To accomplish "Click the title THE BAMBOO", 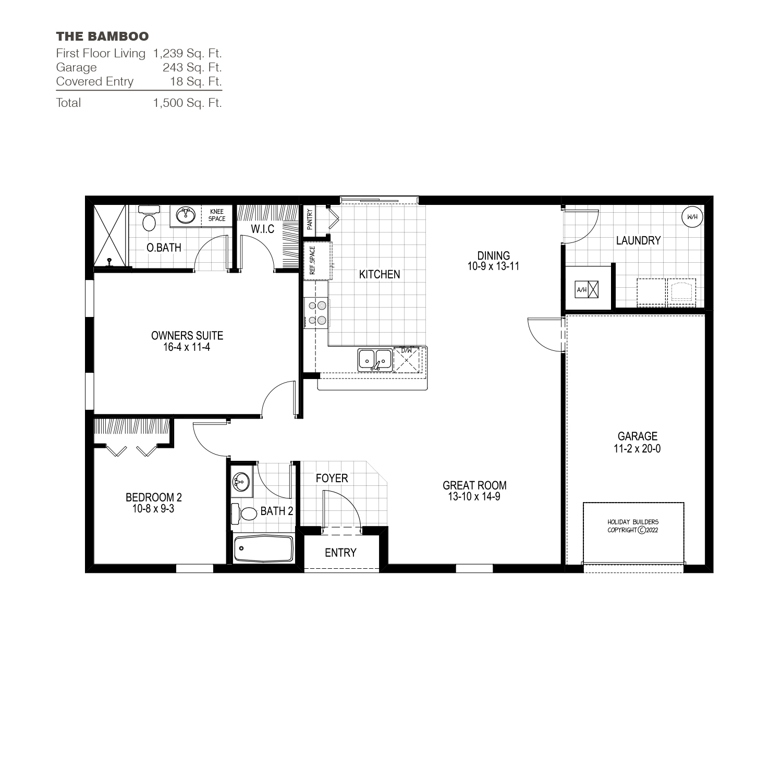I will point(102,36).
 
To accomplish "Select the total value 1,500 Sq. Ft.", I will point(187,103).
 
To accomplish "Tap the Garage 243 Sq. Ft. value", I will point(192,67).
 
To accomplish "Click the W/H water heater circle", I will point(692,217).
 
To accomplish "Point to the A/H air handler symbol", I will point(586,289).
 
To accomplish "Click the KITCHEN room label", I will point(380,274).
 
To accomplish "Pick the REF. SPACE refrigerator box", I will point(317,261).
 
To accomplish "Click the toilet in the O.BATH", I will point(150,219).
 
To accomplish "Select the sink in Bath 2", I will point(241,482).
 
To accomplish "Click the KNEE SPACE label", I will point(217,215).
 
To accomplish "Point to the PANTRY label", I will point(310,219).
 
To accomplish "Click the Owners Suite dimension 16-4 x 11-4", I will point(187,347).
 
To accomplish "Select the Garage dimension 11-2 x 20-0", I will point(637,448).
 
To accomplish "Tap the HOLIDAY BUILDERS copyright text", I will point(633,526).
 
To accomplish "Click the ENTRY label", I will point(340,553).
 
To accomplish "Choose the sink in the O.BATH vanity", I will point(185,215).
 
